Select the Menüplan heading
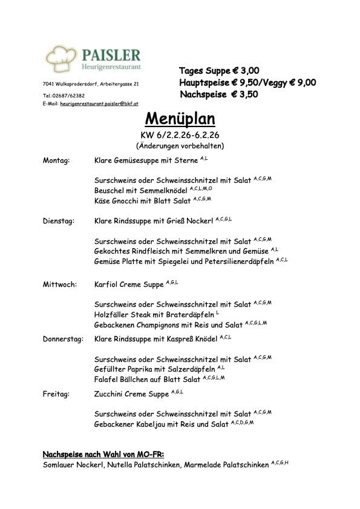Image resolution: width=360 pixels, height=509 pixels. coord(180,118)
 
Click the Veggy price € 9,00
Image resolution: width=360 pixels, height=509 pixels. coord(299,83)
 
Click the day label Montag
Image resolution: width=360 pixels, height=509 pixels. coord(56,161)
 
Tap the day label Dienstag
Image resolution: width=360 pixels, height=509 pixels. coord(58,222)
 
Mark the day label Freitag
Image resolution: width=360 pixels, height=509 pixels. coord(56,394)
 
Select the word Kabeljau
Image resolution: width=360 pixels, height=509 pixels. coord(157,424)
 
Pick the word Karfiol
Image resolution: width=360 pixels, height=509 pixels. coord(106,283)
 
